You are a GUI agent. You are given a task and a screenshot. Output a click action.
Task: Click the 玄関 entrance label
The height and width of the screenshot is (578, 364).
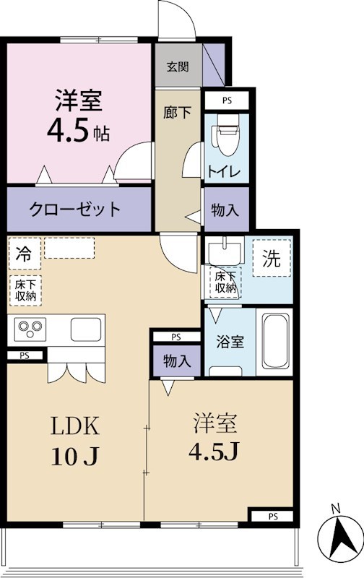(178, 67)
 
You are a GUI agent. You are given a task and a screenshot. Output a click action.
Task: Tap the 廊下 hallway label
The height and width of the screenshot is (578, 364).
(178, 113)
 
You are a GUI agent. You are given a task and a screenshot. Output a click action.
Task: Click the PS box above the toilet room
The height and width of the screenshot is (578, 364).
(227, 100)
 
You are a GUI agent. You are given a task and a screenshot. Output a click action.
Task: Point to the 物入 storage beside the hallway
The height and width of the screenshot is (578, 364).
(226, 210)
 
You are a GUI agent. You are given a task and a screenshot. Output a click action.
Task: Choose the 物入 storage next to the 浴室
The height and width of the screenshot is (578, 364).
(176, 361)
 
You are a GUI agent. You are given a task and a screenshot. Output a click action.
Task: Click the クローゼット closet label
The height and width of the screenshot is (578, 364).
(75, 210)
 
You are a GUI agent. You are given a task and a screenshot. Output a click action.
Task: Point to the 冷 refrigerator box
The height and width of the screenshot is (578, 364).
(24, 254)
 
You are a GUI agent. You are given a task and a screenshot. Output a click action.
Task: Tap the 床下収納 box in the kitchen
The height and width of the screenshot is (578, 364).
(27, 290)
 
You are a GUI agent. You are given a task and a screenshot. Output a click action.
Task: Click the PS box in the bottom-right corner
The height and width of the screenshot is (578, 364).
(272, 516)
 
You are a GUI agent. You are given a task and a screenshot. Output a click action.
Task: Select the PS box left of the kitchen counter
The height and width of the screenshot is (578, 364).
(25, 355)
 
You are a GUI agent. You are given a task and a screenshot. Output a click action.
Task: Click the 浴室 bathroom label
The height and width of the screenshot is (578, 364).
(231, 341)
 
